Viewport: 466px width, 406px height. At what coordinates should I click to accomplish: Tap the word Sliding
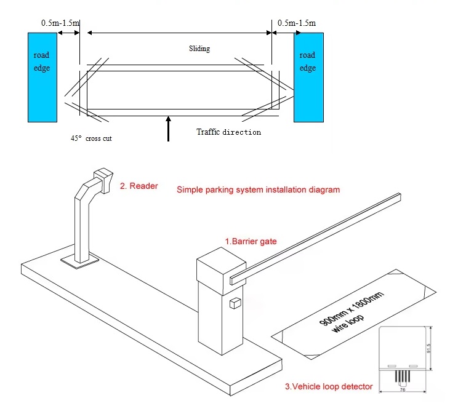tap(199, 49)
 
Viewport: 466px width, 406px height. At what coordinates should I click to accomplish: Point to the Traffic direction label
tap(228, 132)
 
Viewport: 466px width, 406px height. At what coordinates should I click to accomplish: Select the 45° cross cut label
tap(91, 138)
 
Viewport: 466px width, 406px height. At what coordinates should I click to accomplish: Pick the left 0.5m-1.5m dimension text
tap(60, 23)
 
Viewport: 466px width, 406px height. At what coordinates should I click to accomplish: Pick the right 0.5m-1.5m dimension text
tap(296, 23)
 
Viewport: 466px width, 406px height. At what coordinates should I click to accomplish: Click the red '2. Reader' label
tap(139, 185)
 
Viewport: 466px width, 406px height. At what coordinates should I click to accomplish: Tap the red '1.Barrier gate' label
tap(251, 241)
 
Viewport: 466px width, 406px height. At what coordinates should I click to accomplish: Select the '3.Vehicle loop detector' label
tap(329, 386)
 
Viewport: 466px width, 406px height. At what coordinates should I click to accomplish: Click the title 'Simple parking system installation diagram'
tap(258, 189)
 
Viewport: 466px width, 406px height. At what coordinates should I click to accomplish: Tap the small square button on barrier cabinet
tap(234, 303)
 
